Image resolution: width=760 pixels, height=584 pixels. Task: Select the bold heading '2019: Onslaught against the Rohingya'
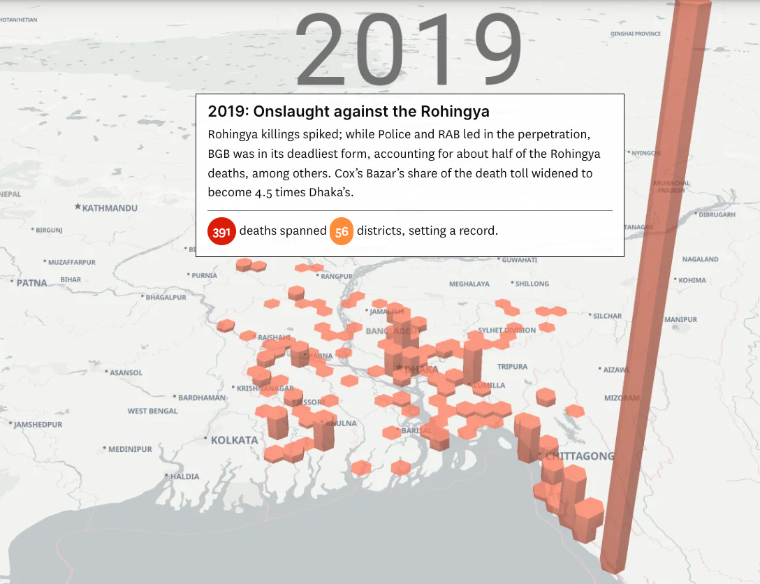pos(349,111)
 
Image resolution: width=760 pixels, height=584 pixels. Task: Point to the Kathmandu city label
pos(110,208)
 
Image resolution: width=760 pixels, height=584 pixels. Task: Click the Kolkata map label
pos(234,440)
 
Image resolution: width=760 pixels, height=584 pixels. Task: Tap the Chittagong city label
pos(579,456)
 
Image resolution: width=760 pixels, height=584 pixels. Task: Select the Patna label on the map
pos(31,283)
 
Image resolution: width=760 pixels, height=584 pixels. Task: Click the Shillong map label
pos(532,284)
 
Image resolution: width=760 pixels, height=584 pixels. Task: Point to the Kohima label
pos(692,280)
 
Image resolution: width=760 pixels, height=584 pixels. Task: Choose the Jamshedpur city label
pos(38,425)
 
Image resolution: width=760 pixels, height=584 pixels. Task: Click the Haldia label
pos(184,476)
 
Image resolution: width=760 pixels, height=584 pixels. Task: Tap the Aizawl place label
pos(616,370)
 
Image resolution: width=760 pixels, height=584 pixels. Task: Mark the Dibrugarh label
pos(717,215)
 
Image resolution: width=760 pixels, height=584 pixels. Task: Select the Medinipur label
pos(130,449)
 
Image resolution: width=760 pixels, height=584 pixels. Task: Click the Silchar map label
pos(607,316)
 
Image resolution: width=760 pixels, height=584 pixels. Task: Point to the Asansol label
pos(126,373)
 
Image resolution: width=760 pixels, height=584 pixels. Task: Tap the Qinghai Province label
pos(635,34)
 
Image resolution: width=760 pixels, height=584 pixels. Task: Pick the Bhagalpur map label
pos(166,297)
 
